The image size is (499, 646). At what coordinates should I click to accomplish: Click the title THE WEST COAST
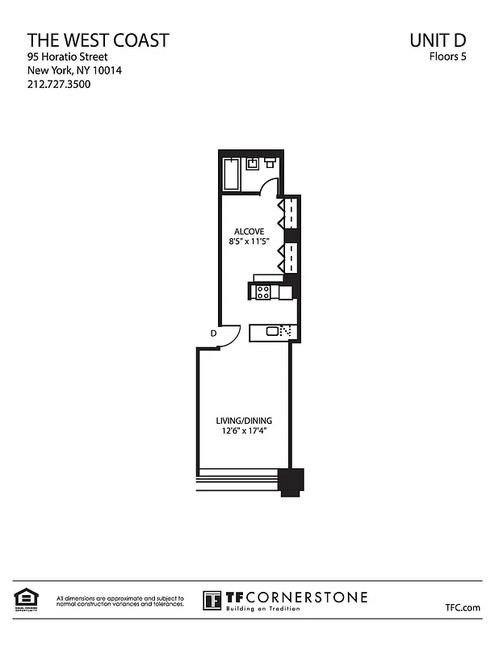click(98, 40)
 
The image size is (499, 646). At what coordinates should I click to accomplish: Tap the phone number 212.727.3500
click(59, 84)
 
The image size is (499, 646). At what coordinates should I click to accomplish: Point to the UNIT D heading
click(438, 40)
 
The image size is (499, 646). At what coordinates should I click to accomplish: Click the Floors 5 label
click(447, 57)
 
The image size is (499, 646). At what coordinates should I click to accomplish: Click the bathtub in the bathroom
click(232, 174)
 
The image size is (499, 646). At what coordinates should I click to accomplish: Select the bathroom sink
click(253, 164)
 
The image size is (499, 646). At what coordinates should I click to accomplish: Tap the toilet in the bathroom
click(270, 162)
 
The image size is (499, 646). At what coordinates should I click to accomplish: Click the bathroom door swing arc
click(270, 187)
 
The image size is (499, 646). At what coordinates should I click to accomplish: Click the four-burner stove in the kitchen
click(262, 292)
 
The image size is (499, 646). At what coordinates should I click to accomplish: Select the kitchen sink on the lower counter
click(272, 330)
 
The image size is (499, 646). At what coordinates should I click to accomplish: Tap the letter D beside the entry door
click(214, 333)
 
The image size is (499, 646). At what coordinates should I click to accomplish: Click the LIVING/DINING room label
click(243, 421)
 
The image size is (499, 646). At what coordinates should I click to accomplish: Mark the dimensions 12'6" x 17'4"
click(243, 432)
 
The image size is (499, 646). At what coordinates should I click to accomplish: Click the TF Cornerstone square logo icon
click(212, 600)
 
